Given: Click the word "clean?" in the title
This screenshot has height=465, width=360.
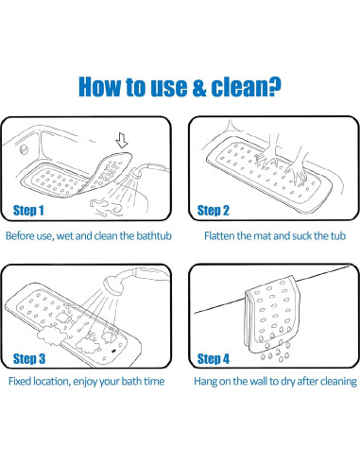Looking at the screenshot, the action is pos(246,86).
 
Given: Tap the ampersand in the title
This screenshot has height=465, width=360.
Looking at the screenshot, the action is pos(199,87).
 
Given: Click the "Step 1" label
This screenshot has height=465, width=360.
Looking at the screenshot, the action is pos(28,211).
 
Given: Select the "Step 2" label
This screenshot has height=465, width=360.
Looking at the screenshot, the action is pos(213,211).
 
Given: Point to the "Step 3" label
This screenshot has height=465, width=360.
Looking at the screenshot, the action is pos(29,359).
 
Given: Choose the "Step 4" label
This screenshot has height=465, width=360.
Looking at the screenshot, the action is pos(214,359).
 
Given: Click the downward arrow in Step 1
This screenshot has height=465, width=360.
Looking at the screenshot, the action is pos(122,140).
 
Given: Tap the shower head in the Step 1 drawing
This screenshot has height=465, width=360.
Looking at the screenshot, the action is pos(137,173).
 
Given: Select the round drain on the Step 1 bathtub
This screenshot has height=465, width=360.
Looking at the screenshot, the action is pos(24,149).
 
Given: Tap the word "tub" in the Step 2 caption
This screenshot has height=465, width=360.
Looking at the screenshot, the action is pos(338,236).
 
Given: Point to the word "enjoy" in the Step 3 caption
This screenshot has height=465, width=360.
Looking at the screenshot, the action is pos(85,382).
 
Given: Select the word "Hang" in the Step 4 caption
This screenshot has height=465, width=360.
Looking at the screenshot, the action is pos(205,382).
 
